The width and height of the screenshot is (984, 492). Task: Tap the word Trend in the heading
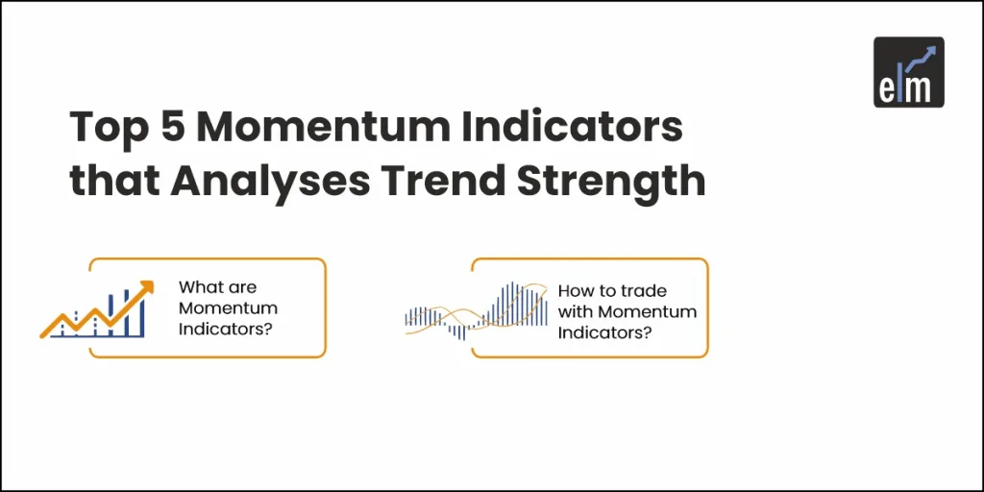[x=457, y=180]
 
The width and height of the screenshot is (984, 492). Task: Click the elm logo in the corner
[x=908, y=71]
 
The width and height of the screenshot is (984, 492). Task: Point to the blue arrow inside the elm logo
[x=923, y=56]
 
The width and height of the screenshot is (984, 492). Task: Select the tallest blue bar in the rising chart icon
[x=141, y=312]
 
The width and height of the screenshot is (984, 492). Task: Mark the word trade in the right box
[x=644, y=290]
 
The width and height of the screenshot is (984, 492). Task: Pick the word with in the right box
[x=575, y=311]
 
